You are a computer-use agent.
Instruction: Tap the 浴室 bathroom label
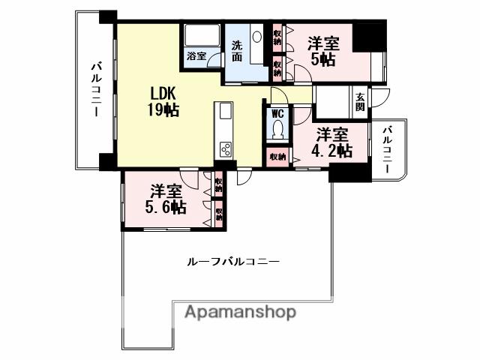pyautogui.click(x=196, y=56)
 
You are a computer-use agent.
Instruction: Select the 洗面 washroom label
pyautogui.click(x=237, y=50)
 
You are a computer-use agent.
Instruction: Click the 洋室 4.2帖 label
pyautogui.click(x=332, y=142)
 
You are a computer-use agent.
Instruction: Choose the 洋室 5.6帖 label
pyautogui.click(x=166, y=199)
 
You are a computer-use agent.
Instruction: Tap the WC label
pyautogui.click(x=277, y=114)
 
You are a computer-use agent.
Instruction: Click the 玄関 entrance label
pyautogui.click(x=361, y=101)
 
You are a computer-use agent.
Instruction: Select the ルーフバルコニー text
pyautogui.click(x=232, y=262)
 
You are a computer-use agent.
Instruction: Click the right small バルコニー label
pyautogui.click(x=387, y=150)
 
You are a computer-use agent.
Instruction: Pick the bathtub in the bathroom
pyautogui.click(x=200, y=36)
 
